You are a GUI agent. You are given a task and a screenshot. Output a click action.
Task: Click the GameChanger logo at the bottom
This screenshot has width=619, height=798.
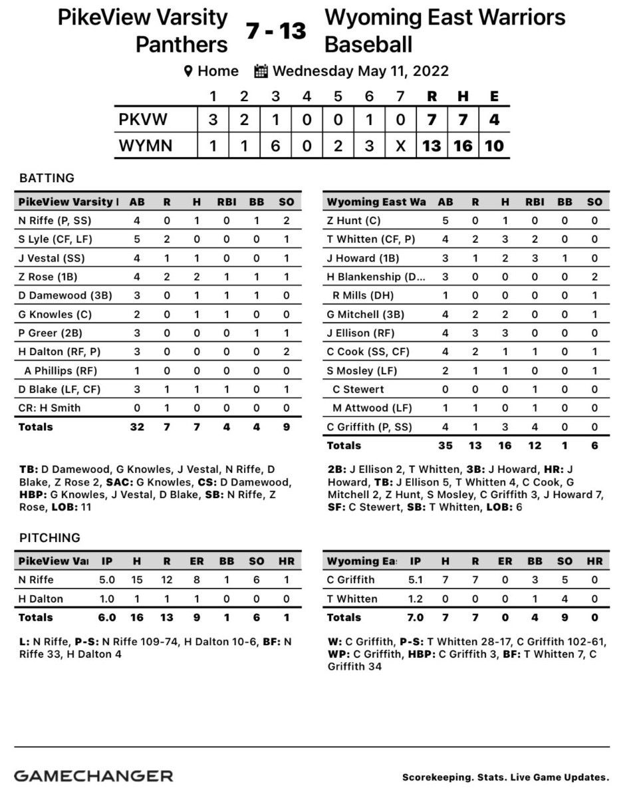94,775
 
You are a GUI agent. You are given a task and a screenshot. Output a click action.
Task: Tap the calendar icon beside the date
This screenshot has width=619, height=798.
261,70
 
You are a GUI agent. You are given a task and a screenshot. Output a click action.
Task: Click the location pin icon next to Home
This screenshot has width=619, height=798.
188,70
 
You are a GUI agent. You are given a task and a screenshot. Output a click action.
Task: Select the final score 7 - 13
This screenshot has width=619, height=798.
276,30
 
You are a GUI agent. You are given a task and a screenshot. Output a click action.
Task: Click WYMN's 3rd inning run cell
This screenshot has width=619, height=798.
275,146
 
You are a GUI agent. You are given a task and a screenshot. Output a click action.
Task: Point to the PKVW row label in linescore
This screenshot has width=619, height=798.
143,120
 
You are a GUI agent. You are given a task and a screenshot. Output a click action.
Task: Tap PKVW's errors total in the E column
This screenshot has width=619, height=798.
494,120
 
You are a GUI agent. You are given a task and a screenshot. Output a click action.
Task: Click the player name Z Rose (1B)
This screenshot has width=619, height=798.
45,295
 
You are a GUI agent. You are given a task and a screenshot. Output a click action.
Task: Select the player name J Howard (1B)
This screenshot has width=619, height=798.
358,258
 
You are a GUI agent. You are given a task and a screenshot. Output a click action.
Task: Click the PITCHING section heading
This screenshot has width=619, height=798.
50,537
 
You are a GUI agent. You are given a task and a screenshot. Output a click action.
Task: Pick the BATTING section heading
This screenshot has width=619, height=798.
47,178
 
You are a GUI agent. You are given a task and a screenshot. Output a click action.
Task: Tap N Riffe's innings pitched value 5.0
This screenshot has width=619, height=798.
107,580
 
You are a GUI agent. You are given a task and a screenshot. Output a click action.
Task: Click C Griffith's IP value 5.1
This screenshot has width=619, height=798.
416,580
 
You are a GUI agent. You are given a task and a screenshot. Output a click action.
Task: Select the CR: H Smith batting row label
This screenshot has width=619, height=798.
48,408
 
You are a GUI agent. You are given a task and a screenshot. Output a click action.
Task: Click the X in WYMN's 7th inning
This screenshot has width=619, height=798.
400,146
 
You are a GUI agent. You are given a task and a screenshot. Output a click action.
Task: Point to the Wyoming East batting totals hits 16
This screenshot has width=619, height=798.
504,446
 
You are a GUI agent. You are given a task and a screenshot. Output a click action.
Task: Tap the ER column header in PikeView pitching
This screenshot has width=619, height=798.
197,561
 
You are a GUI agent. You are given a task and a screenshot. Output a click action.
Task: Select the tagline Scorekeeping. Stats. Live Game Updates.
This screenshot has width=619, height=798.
505,777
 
